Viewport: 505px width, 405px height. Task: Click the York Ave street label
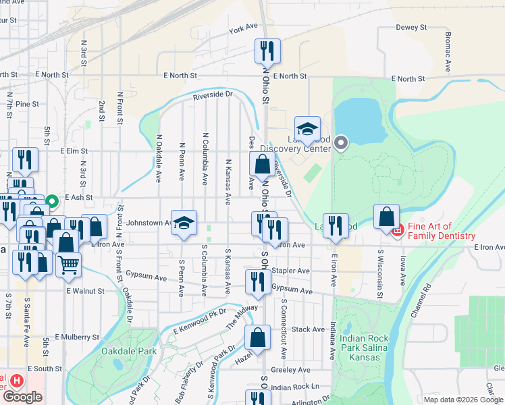[x=244, y=28]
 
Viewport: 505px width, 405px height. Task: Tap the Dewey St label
[x=412, y=28]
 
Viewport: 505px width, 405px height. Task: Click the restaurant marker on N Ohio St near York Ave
[x=267, y=51]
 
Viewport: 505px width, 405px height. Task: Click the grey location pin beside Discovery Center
[x=341, y=142]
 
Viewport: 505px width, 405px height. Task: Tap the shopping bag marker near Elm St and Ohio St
[x=262, y=163]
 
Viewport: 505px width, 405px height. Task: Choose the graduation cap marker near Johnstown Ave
[x=184, y=223]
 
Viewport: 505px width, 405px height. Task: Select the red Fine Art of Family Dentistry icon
[x=398, y=230]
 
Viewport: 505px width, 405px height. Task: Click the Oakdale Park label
[x=128, y=351]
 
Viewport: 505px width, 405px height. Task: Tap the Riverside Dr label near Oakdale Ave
[x=212, y=95]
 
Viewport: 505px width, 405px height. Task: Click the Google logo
[x=22, y=397]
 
